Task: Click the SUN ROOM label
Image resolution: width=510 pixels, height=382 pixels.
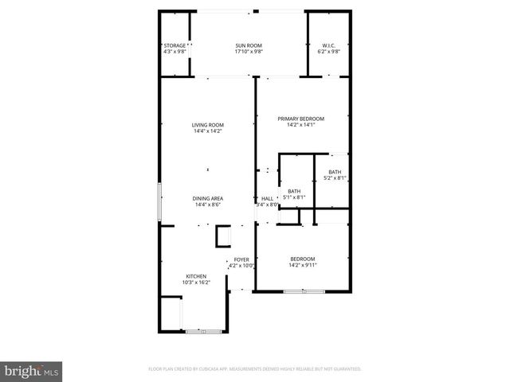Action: click(x=249, y=45)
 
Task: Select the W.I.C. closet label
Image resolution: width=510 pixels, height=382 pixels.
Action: click(x=329, y=45)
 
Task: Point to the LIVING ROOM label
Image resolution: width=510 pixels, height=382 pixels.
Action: click(x=207, y=125)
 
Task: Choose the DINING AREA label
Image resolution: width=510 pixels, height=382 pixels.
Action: click(x=207, y=198)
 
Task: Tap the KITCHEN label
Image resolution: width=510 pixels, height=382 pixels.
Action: click(x=196, y=276)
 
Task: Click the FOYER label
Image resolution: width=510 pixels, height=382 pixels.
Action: click(x=241, y=259)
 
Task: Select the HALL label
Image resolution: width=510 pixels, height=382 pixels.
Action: click(x=267, y=198)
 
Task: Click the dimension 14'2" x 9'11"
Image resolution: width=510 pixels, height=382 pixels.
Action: click(x=302, y=266)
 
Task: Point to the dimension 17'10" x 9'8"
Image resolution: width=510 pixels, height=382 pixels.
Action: click(x=249, y=52)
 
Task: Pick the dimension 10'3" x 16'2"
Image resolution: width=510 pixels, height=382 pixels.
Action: click(x=196, y=283)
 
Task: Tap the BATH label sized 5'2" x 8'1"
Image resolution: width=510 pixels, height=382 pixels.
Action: click(x=335, y=173)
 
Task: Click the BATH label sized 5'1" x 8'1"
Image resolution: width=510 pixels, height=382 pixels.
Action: click(x=294, y=191)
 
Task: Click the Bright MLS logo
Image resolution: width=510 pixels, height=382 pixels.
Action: click(x=31, y=371)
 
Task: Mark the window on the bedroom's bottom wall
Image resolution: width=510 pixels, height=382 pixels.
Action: click(x=304, y=292)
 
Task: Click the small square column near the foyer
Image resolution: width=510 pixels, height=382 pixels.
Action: click(x=223, y=237)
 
